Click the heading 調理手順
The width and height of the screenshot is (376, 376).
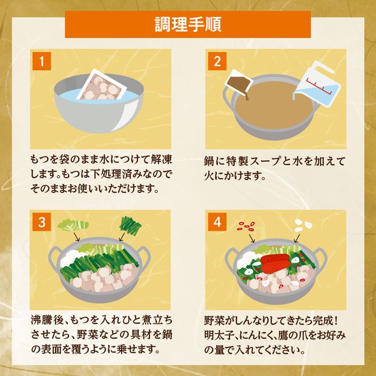(x=187, y=24)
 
